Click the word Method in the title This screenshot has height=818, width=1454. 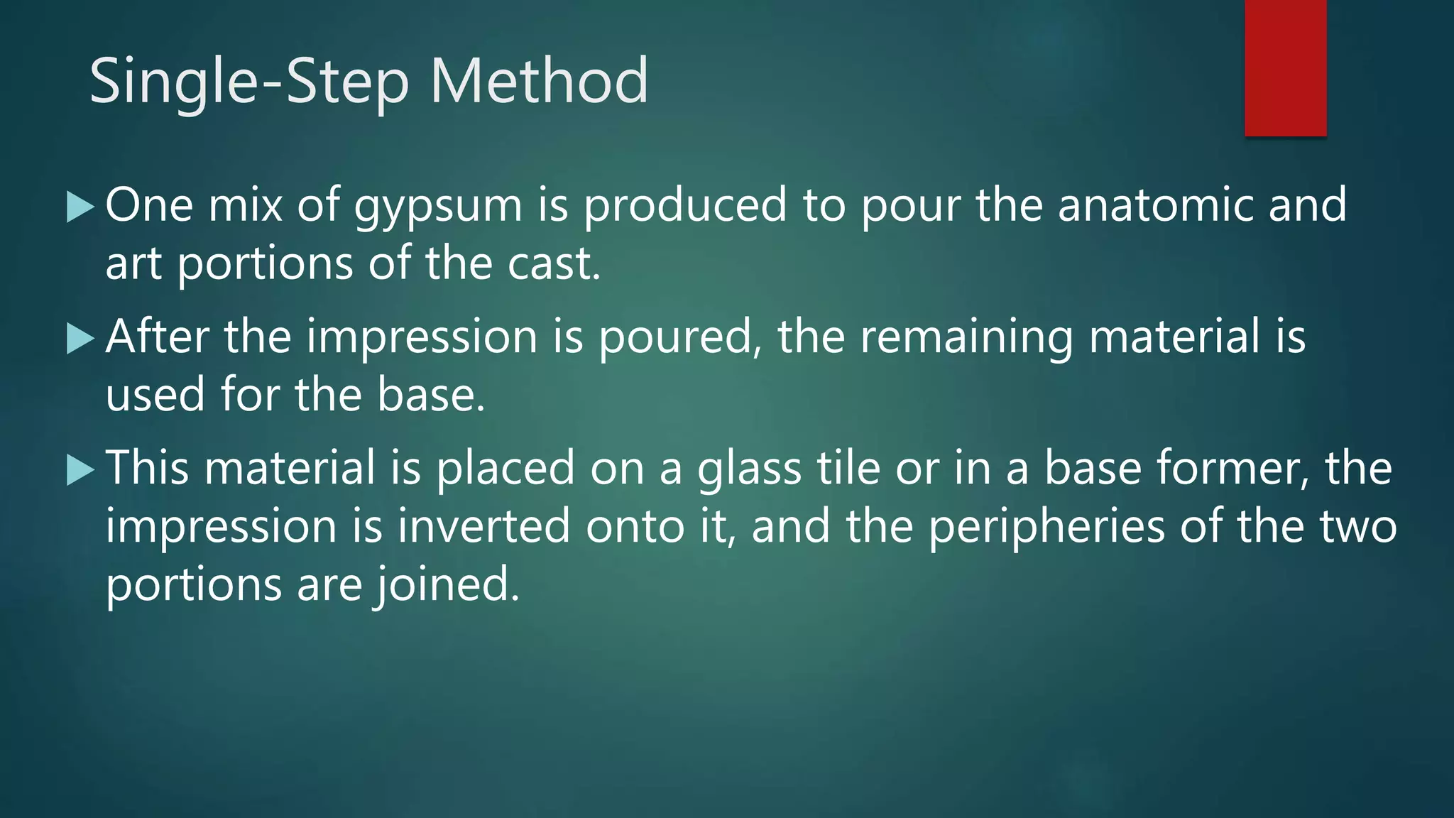(539, 81)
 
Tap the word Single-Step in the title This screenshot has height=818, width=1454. (249, 82)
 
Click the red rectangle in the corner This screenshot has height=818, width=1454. (1285, 68)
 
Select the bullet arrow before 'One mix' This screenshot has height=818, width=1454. (80, 207)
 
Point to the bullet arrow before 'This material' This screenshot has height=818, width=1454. (80, 470)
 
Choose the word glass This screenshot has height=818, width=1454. (749, 470)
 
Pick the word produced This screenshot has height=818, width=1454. (685, 206)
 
